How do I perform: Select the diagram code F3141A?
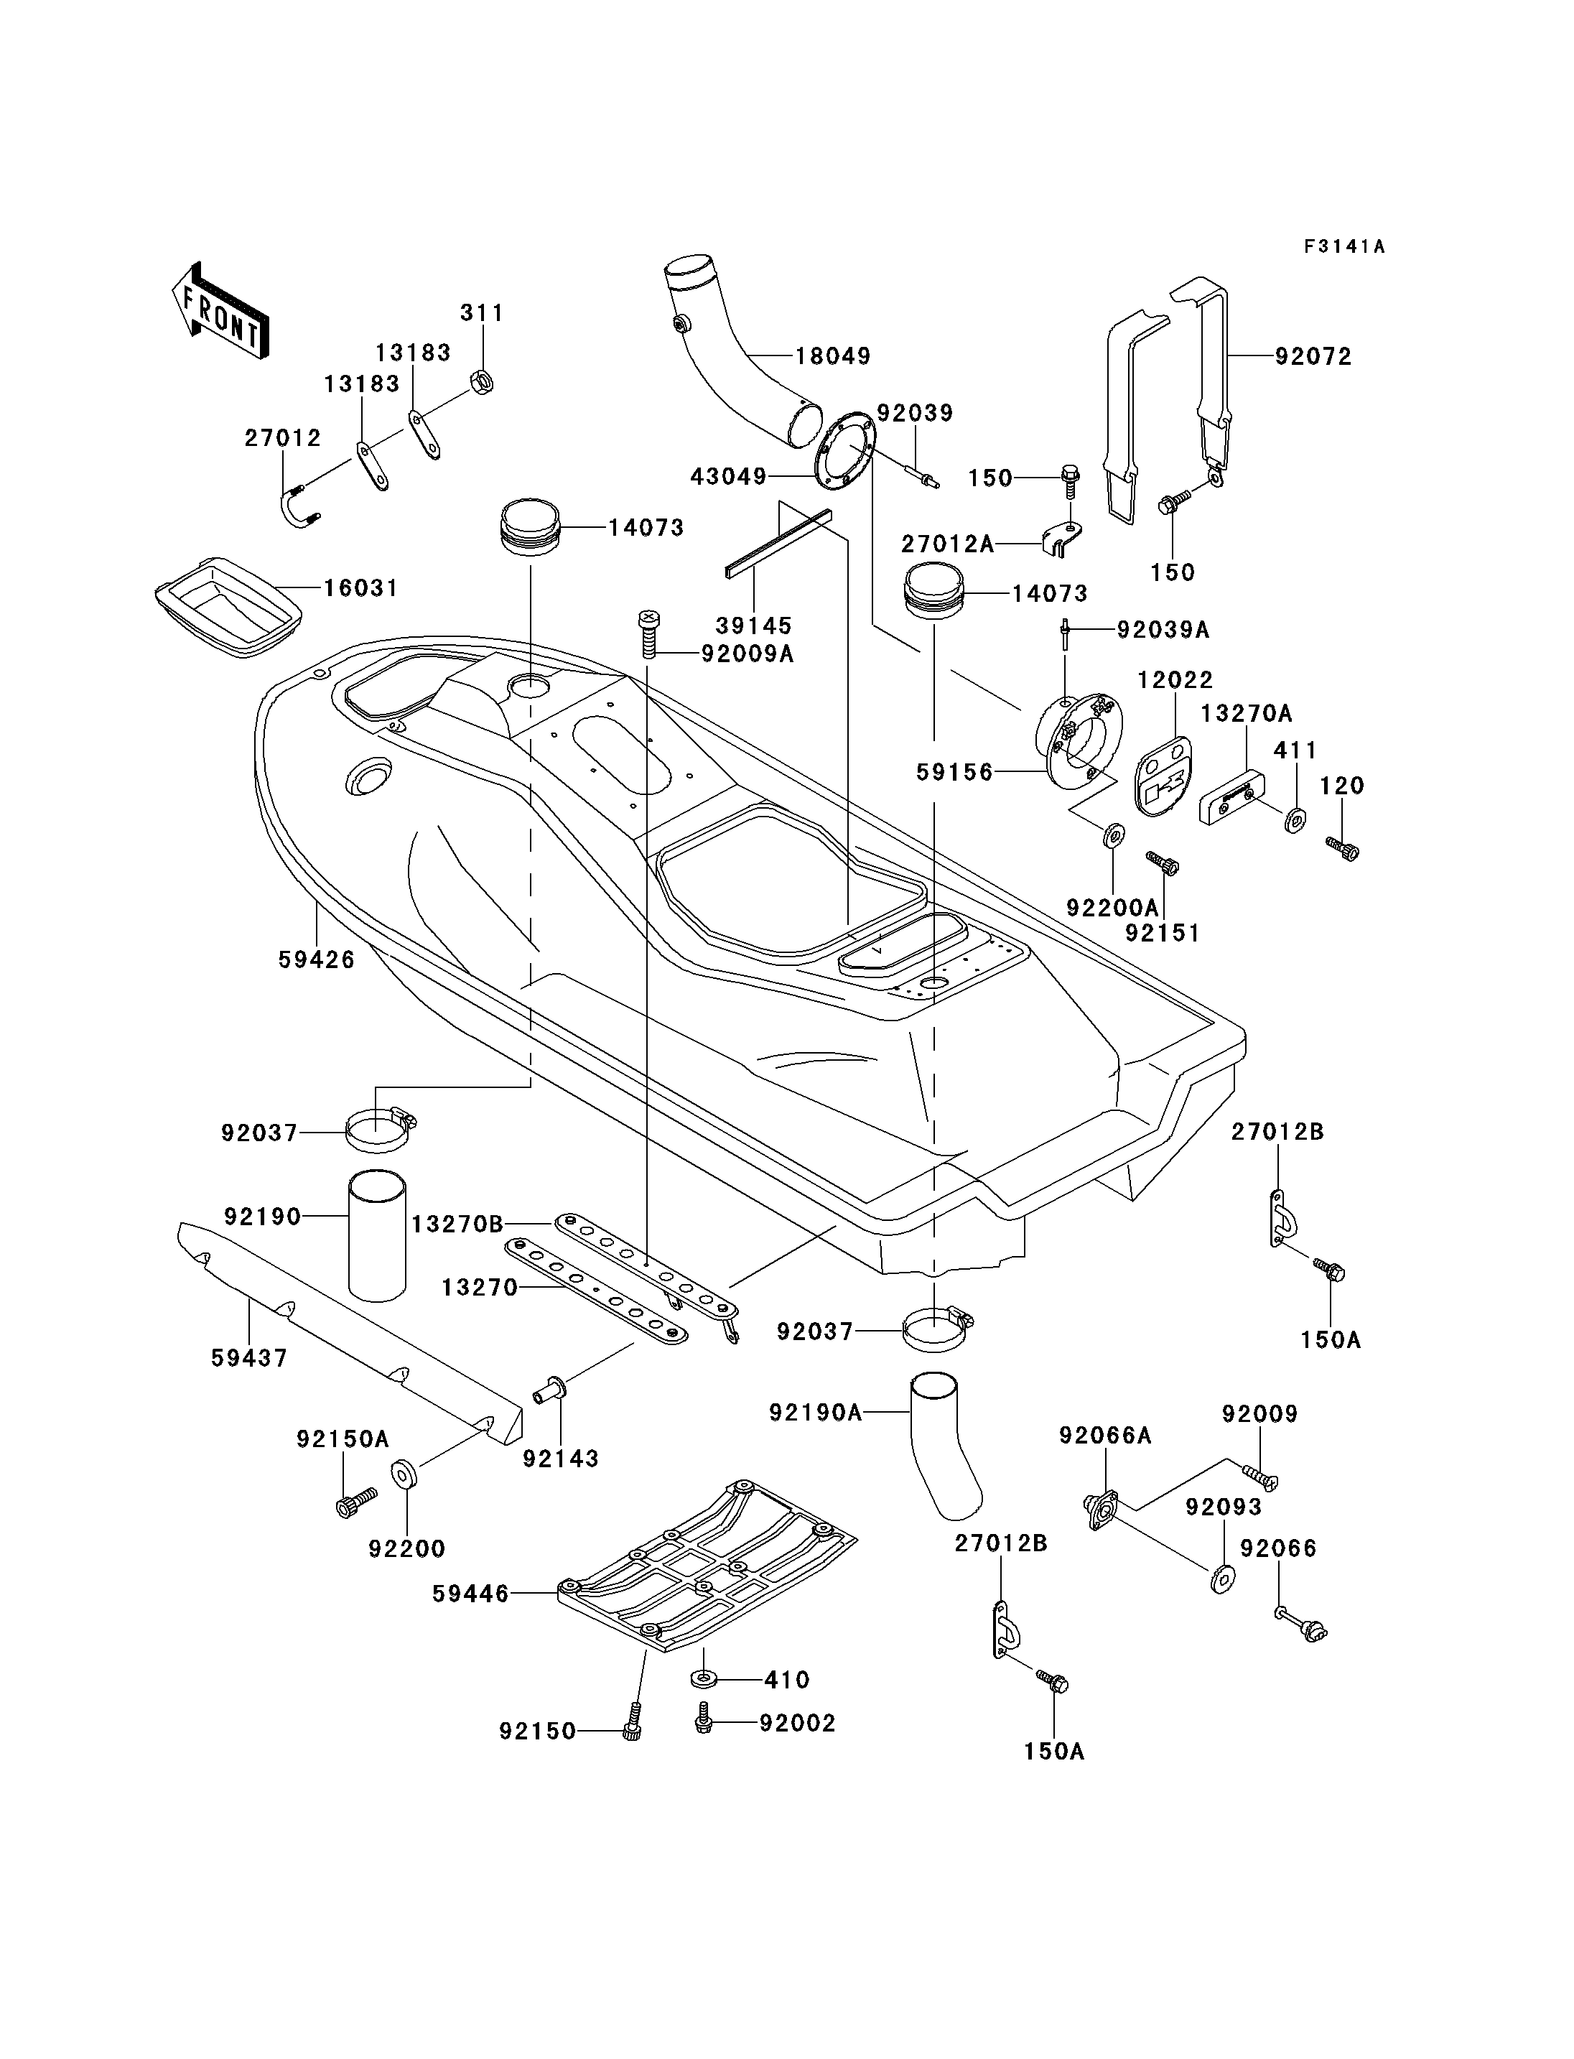click(x=1344, y=246)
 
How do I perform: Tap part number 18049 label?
click(x=833, y=356)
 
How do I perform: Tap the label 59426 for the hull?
click(x=317, y=959)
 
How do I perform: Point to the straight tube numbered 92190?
click(x=378, y=1235)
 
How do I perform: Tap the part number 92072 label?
click(x=1313, y=356)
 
